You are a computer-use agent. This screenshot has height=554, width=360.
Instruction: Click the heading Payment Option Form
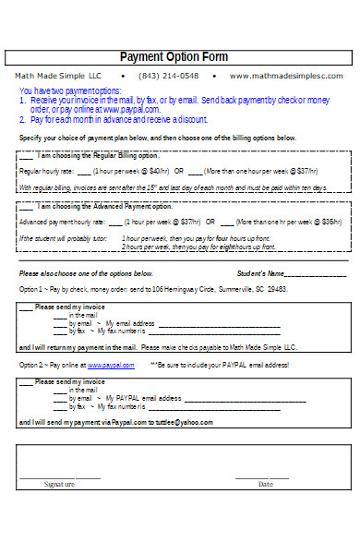tap(174, 56)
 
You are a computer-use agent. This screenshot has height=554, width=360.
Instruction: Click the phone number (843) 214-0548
tap(168, 75)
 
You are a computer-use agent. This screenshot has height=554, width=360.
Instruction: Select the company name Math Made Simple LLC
tap(57, 75)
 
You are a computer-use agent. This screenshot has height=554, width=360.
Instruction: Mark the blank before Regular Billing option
tap(27, 154)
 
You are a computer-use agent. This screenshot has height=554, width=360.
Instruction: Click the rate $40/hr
tap(159, 171)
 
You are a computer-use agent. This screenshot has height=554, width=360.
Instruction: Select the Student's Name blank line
tap(314, 274)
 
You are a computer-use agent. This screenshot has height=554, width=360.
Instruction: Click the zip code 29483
tap(276, 289)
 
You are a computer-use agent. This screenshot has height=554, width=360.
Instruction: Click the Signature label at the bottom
tap(59, 484)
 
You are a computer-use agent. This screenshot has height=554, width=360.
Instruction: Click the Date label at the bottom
tap(265, 484)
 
